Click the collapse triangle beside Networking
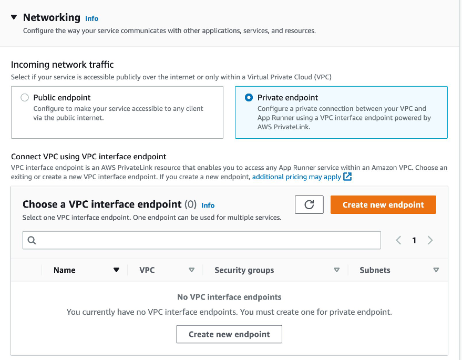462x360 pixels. (x=14, y=17)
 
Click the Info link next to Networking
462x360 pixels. (x=91, y=18)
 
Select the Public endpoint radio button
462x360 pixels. (x=24, y=98)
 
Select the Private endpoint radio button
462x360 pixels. (x=249, y=98)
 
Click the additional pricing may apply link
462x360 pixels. (x=296, y=177)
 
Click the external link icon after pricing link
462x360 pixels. (x=347, y=177)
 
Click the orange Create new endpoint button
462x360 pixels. (x=383, y=205)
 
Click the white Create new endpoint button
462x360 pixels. (x=229, y=334)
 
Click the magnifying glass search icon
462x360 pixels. (x=32, y=240)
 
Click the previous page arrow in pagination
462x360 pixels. (x=398, y=240)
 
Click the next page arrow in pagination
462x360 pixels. (x=430, y=240)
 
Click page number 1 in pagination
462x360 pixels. (x=414, y=240)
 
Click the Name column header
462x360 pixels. (x=65, y=270)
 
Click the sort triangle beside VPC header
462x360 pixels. (x=191, y=270)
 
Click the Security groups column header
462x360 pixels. (x=244, y=270)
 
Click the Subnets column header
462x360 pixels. (x=375, y=270)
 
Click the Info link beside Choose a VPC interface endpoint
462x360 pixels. (x=208, y=205)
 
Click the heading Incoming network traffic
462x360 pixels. (x=63, y=65)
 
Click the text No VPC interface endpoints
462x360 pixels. (x=229, y=297)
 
